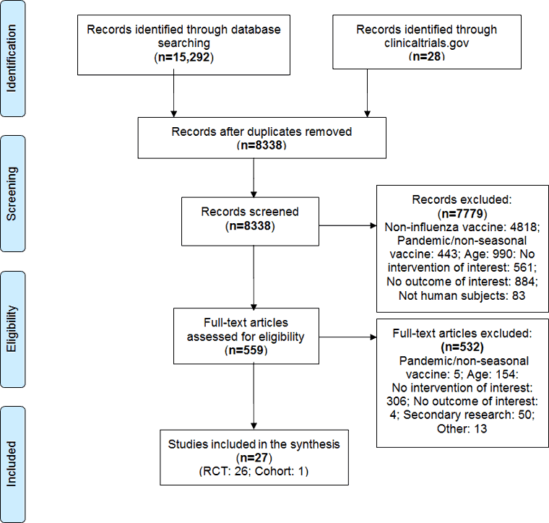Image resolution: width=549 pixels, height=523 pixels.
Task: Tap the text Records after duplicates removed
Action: (x=261, y=132)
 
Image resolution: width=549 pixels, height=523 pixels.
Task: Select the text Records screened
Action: (x=251, y=212)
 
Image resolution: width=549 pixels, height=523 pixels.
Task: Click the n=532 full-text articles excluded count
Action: (x=462, y=347)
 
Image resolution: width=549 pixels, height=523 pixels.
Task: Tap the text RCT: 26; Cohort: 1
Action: (x=252, y=471)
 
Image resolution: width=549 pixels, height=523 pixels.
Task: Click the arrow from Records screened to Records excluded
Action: (x=347, y=225)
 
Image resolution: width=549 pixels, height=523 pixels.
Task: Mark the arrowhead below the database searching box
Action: (x=173, y=112)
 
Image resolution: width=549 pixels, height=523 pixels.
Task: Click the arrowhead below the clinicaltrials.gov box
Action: (x=367, y=112)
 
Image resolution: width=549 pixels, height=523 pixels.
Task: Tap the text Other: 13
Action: (x=462, y=429)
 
